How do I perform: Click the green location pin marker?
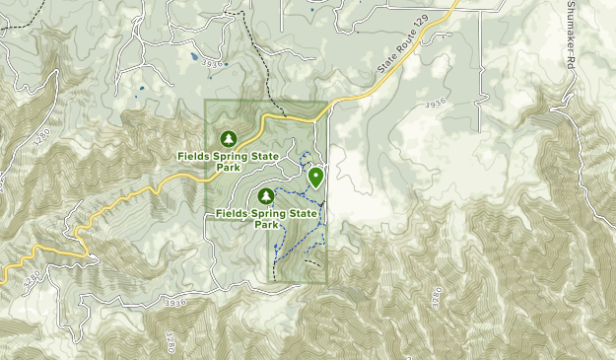[315, 177]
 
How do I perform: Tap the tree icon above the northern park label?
[229, 138]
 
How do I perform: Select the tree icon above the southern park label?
[265, 195]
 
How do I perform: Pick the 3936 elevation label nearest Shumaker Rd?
[438, 103]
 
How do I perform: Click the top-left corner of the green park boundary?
[205, 102]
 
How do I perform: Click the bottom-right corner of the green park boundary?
[326, 285]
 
